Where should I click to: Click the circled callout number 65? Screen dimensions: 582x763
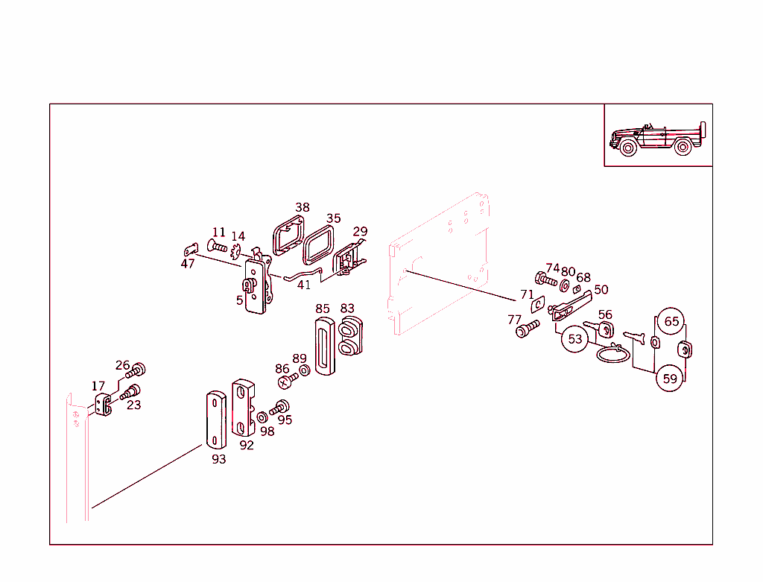pos(671,321)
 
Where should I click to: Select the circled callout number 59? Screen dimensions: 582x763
pos(670,379)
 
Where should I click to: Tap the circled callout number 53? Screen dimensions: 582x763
pos(575,339)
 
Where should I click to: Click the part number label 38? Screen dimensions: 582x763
pos(302,207)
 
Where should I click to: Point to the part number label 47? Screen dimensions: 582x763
pos(188,263)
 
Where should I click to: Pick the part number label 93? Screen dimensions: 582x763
pos(218,459)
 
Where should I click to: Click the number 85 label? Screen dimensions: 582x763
pos(322,308)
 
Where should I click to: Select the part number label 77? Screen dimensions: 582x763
pos(515,320)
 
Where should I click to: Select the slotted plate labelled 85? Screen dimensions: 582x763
pos(323,345)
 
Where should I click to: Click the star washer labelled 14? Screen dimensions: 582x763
pos(237,252)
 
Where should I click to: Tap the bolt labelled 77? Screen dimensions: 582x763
pos(528,328)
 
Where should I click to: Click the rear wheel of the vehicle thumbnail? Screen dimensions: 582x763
pos(682,148)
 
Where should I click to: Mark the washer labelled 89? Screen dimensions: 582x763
pos(304,371)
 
